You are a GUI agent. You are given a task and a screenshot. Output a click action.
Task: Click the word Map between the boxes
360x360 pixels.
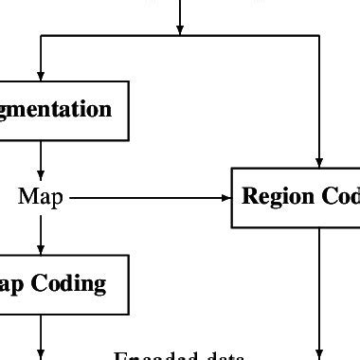pos(41,198)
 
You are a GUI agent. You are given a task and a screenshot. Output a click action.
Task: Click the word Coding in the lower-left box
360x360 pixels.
pos(71,283)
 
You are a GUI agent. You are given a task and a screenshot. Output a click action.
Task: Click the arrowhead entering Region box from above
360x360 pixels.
pos(320,161)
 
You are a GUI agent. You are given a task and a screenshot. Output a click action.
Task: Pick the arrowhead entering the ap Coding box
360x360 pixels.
pos(41,247)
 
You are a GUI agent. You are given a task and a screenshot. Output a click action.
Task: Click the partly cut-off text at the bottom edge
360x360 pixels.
pos(180,356)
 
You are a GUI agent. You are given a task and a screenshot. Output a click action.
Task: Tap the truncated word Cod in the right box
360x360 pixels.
pos(340,197)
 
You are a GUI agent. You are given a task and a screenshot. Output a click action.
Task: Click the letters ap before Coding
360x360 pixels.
pos(14,284)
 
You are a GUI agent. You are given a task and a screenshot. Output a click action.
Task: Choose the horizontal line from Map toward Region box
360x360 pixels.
pos(142,198)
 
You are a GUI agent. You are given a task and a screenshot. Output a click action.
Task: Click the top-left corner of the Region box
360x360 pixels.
pos(232,168)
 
